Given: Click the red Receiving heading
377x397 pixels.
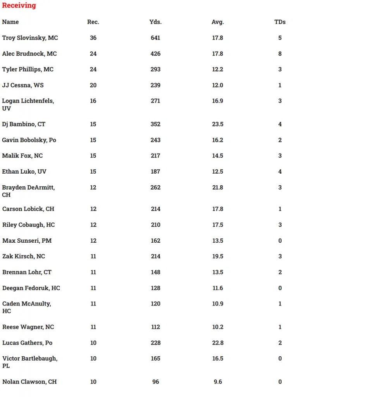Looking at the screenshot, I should [x=19, y=5].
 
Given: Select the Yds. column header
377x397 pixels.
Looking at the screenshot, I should [x=155, y=22].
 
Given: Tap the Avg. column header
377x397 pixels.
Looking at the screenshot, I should [x=218, y=22].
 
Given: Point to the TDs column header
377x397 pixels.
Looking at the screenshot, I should [x=280, y=22].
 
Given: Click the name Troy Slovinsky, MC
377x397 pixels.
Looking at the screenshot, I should [x=30, y=38].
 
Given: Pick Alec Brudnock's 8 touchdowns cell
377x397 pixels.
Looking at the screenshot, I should [x=280, y=54].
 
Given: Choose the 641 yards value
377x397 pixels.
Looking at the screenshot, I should [x=155, y=38].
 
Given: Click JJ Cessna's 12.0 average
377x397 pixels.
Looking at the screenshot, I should [x=218, y=85].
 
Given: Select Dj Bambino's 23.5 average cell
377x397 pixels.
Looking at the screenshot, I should [x=218, y=124].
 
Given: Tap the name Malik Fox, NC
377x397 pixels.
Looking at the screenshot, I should [x=22, y=156].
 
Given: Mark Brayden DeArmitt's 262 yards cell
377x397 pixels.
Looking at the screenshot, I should [x=155, y=188].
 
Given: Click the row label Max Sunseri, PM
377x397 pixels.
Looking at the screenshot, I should [x=27, y=241].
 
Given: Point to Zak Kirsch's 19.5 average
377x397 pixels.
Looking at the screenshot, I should [x=218, y=257].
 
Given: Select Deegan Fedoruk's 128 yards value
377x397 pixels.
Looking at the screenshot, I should [x=155, y=288].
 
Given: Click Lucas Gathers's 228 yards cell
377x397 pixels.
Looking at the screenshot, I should [x=155, y=343].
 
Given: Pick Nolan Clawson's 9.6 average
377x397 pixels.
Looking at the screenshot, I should [x=218, y=382].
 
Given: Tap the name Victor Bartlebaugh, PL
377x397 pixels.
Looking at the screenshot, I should [x=30, y=362].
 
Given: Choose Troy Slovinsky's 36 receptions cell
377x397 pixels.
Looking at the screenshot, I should [x=93, y=38].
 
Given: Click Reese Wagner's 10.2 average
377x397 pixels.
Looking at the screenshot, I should [x=218, y=327].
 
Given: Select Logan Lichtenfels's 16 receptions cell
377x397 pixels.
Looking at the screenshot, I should [x=93, y=101].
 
